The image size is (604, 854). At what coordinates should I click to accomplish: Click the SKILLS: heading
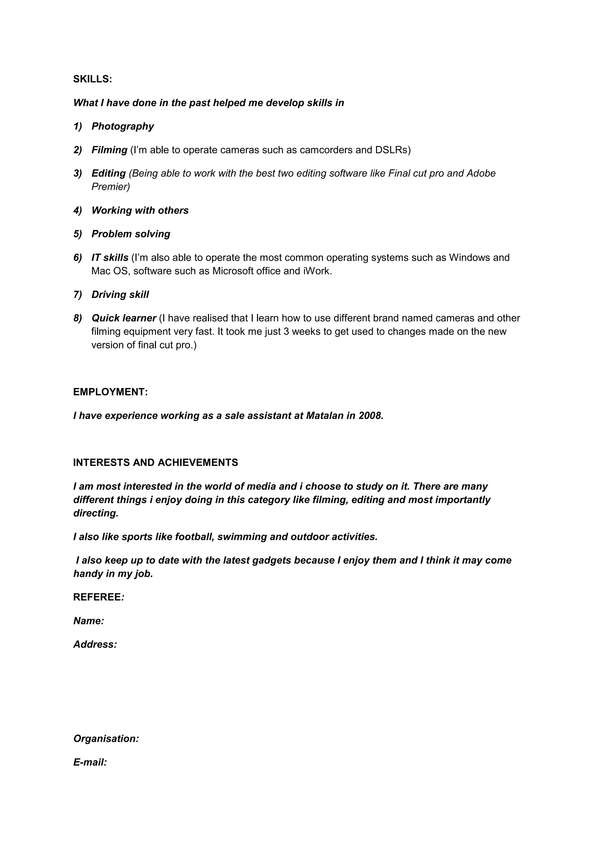[x=92, y=79]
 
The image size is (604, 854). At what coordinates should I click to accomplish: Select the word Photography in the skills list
[x=122, y=127]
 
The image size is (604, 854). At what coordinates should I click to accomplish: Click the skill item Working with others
[x=140, y=211]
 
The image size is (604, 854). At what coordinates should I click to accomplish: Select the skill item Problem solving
[x=131, y=234]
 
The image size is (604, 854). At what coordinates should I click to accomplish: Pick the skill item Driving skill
[x=120, y=295]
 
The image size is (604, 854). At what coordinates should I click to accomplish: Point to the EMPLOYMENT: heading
[x=110, y=392]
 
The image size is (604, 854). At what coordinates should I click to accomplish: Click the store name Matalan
[x=324, y=415]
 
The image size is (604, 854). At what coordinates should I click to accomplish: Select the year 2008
[x=370, y=415]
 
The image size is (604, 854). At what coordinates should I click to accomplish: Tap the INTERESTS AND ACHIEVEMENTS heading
[x=155, y=463]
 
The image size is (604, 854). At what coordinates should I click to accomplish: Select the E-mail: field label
[x=90, y=763]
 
